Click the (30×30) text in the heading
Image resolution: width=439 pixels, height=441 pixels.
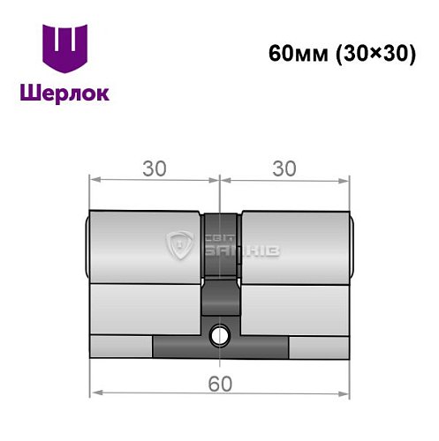(x=375, y=52)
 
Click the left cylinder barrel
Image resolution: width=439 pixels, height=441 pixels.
(x=146, y=247)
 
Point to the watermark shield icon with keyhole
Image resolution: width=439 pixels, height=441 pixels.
(x=180, y=247)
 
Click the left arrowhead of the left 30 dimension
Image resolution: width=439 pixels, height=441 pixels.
(x=95, y=180)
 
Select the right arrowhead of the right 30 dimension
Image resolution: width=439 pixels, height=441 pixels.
(x=344, y=180)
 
